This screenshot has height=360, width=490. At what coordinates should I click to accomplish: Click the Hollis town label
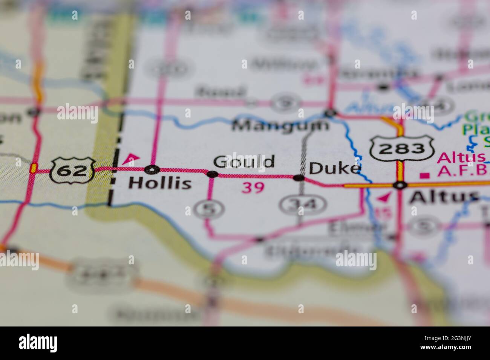coord(160,183)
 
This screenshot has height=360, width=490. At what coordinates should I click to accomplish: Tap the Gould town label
coord(244,162)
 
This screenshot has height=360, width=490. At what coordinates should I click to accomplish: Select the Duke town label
coord(335,168)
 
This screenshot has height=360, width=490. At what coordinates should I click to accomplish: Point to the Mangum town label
coord(280,125)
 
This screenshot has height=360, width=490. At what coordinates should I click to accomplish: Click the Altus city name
coord(444,197)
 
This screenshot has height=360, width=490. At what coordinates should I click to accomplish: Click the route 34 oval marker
coord(303,204)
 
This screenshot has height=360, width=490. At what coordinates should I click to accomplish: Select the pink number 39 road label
coord(253,187)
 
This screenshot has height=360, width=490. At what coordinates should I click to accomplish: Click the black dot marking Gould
coord(213,174)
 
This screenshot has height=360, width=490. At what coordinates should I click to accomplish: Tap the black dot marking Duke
coord(299,177)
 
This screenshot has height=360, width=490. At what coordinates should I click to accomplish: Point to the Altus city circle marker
coord(400,185)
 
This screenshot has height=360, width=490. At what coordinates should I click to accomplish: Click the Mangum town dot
coord(331,112)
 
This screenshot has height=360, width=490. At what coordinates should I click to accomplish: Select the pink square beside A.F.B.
coord(426,175)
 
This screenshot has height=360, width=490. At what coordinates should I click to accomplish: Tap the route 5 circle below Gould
coord(205,208)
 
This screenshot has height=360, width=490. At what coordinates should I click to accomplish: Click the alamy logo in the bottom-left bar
coord(38,343)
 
